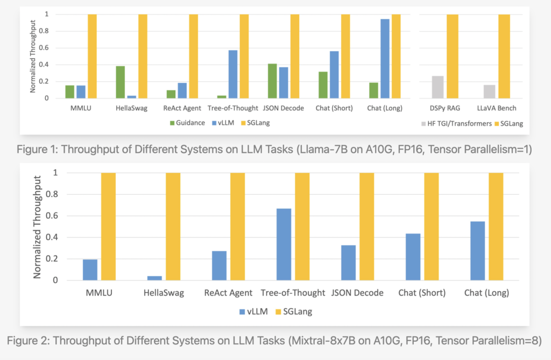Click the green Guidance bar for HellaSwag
(120, 82)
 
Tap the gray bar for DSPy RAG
(438, 87)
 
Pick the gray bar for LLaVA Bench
(489, 91)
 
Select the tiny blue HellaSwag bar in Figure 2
(154, 278)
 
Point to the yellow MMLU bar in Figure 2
(108, 227)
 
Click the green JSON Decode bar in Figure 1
(272, 81)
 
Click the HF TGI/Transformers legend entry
(457, 123)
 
